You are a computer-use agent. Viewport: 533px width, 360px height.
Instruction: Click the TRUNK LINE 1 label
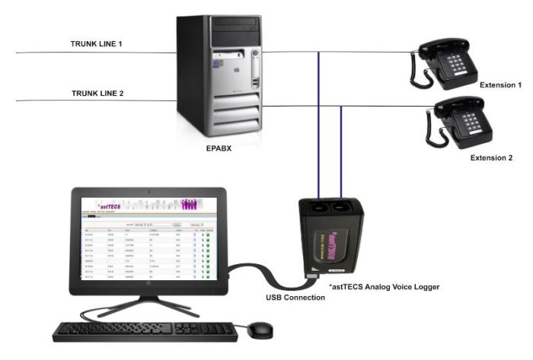97,44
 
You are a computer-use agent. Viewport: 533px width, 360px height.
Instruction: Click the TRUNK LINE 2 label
97,94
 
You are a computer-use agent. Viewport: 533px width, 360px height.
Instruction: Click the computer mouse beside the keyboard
262,330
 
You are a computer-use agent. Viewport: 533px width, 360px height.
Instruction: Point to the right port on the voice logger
342,207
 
